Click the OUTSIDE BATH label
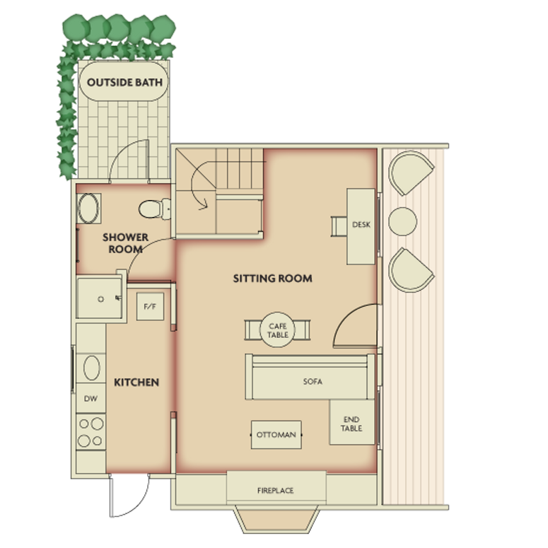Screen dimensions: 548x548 tap(124, 83)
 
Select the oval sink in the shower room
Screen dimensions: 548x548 tap(88, 209)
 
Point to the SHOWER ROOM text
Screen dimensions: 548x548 tap(125, 243)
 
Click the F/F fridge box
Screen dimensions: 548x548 tap(150, 306)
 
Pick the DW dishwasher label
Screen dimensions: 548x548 tap(91, 398)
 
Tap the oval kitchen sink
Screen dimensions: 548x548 tap(91, 368)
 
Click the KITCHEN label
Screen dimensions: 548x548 tap(136, 383)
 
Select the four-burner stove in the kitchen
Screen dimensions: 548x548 tap(91, 431)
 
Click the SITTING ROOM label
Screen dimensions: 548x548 tap(273, 279)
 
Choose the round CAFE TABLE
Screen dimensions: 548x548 tap(278, 330)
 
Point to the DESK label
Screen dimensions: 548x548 tap(361, 225)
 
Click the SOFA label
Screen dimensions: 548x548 tap(313, 382)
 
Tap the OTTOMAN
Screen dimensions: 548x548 tap(276, 435)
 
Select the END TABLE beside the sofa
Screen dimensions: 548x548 tap(352, 422)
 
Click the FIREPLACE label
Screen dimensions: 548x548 tap(275, 491)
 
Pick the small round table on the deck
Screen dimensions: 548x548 tap(402, 221)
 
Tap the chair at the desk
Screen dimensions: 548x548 tap(339, 226)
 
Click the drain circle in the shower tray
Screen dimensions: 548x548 tap(100, 299)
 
